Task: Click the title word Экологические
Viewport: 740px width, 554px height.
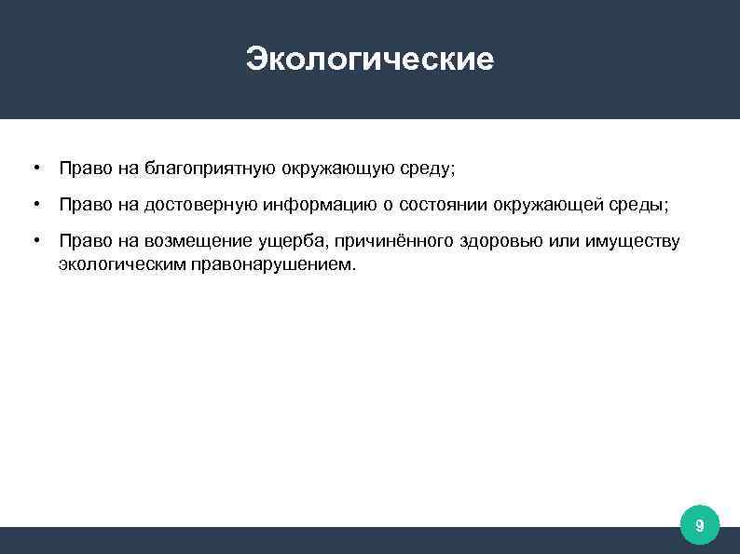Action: pos(370,60)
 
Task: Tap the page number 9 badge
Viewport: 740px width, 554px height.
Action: pos(699,528)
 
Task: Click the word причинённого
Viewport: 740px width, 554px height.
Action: pos(391,242)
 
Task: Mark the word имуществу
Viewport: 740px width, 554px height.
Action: pos(633,242)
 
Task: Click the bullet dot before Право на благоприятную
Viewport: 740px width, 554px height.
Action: pos(34,169)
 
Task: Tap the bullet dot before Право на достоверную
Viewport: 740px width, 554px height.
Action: pos(34,204)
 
